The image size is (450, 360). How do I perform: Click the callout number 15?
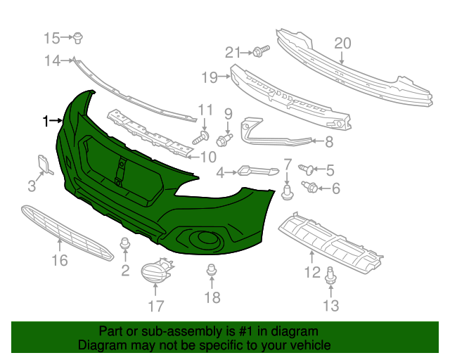click(53, 37)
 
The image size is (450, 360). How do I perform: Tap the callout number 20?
click(342, 44)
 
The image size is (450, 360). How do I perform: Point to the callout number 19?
click(210, 76)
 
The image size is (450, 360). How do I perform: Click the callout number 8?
click(328, 142)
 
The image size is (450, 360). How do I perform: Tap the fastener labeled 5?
click(307, 168)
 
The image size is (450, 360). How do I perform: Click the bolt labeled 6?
click(309, 186)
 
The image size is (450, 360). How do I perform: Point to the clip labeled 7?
click(287, 191)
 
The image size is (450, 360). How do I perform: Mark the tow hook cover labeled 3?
click(44, 164)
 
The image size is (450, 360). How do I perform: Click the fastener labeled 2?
click(126, 245)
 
